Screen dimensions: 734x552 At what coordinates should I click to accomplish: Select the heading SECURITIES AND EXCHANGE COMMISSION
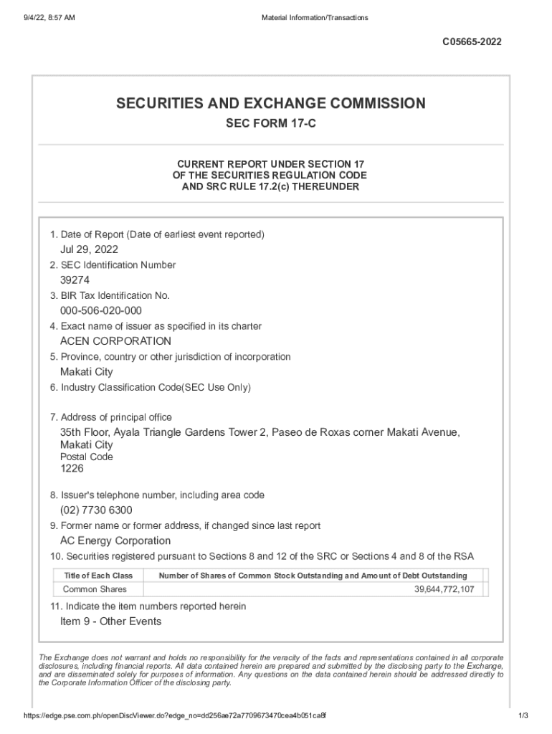click(271, 104)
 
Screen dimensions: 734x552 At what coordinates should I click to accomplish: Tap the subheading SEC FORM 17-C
click(271, 124)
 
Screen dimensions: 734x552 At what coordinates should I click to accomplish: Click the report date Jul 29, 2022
click(89, 249)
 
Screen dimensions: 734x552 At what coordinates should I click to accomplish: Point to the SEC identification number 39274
click(75, 280)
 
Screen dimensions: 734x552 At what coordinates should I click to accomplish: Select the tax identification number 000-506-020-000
click(100, 310)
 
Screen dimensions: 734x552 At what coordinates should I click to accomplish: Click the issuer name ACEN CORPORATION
click(115, 341)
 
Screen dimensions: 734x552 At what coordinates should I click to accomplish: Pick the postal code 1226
click(72, 469)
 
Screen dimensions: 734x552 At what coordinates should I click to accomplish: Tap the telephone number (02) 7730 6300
click(96, 510)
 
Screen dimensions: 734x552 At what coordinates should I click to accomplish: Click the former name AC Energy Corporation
click(115, 541)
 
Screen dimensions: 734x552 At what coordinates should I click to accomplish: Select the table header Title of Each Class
click(98, 576)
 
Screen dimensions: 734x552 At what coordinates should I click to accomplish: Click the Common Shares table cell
click(95, 589)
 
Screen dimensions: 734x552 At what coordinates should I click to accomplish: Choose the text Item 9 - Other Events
click(110, 621)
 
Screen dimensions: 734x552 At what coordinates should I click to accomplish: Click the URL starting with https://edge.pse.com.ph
click(175, 716)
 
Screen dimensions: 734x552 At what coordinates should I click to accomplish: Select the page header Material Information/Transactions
click(315, 17)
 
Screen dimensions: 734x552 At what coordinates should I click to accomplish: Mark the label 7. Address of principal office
click(110, 417)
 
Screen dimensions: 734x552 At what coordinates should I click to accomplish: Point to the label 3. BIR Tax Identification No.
click(109, 295)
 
